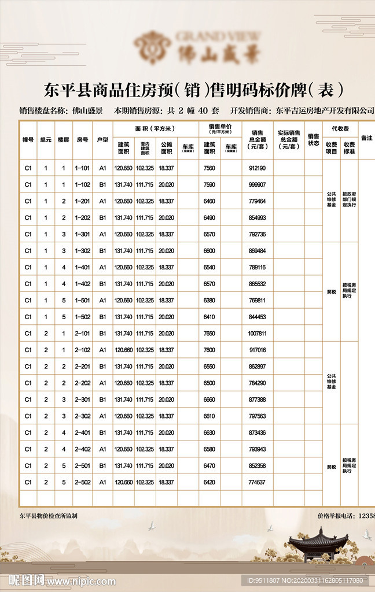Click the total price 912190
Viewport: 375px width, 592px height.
tap(257, 168)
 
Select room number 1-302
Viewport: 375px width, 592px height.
tap(82, 251)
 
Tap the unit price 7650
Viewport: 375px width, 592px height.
tap(209, 334)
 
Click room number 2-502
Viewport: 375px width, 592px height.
tap(82, 482)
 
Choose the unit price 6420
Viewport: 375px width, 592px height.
tap(209, 482)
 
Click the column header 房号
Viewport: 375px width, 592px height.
tap(82, 139)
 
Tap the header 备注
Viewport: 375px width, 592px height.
tap(366, 138)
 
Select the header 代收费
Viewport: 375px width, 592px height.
tap(340, 128)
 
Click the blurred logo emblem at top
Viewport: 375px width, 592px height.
tap(152, 47)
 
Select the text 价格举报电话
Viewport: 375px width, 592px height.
tap(337, 515)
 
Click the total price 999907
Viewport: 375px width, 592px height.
tap(257, 184)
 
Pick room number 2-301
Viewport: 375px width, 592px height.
tap(82, 399)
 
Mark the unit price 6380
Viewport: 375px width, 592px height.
tap(209, 300)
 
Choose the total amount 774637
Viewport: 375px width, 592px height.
tap(257, 482)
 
